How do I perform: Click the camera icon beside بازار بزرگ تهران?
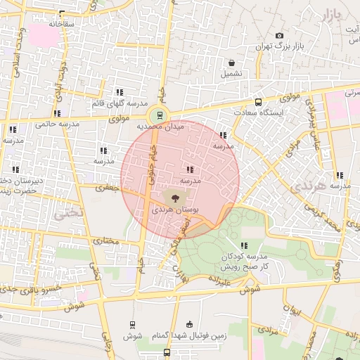(279, 36)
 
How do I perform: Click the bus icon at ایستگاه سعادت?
(259, 102)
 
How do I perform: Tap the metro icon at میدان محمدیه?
(160, 115)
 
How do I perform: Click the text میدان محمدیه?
(160, 127)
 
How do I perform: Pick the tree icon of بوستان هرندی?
(175, 199)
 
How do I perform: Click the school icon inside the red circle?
(190, 169)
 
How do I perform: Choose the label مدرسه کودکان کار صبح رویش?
(243, 263)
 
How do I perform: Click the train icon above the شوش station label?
(132, 324)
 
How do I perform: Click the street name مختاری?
(107, 242)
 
